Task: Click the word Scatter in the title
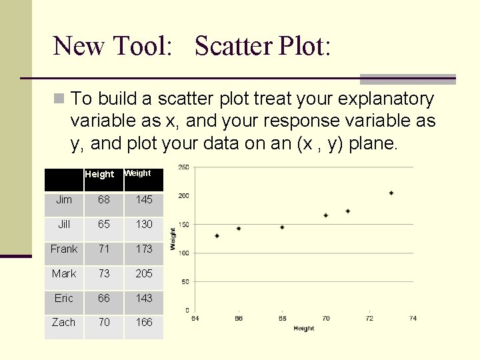coord(234,46)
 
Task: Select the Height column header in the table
coord(99,174)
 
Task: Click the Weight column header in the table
coord(138,173)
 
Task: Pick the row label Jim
coord(64,199)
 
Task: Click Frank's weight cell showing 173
coord(144,249)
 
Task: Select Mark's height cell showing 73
coord(104,273)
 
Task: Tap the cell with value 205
coord(144,273)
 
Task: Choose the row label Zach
coord(64,322)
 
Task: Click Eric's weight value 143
coord(144,298)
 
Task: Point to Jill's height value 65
coord(104,224)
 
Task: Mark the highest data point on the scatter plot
coord(391,193)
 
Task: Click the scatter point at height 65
coord(217,236)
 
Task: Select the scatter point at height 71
coord(348,211)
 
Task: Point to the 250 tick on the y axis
coord(183,167)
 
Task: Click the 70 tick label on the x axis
coord(326,319)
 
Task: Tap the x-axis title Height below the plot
coord(303,328)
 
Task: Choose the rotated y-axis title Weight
coord(173,239)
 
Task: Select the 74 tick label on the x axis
coord(413,319)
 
